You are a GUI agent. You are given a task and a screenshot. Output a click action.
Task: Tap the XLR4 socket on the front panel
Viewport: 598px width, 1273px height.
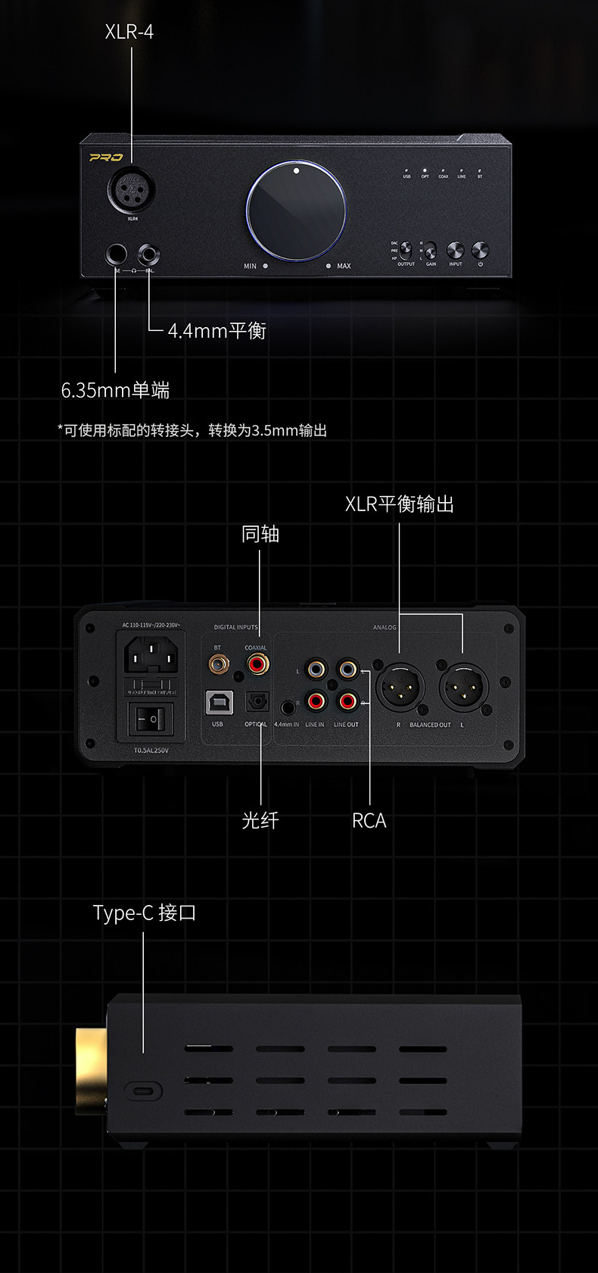click(132, 189)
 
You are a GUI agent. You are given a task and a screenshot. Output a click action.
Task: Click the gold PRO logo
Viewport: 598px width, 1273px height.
click(106, 158)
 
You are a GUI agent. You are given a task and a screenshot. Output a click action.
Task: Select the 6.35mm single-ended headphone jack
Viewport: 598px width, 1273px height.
click(117, 254)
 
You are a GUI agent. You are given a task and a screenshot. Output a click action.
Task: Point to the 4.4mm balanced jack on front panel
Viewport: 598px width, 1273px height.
click(148, 254)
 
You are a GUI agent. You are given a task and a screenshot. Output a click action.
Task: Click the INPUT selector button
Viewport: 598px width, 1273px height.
click(455, 250)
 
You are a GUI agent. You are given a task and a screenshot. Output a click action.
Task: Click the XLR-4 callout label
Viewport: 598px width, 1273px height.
click(129, 32)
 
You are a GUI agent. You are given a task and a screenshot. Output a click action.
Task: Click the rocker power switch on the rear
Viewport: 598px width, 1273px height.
click(150, 718)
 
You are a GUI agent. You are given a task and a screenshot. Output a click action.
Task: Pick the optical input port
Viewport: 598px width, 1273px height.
click(257, 703)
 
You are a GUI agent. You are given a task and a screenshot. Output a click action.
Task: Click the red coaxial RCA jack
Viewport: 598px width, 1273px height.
click(257, 665)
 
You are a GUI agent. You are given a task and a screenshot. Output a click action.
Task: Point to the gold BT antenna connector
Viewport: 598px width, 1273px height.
click(219, 665)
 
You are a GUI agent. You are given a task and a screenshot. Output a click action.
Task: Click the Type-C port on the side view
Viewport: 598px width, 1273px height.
click(143, 1091)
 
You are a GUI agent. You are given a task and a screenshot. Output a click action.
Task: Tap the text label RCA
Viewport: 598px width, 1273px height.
click(369, 821)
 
